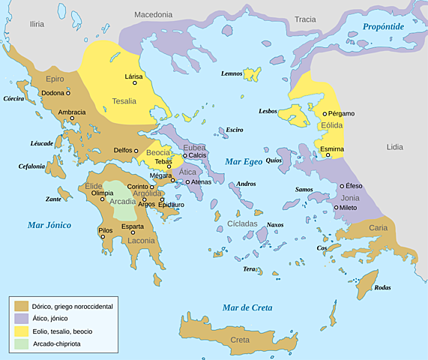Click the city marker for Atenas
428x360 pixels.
tap(188, 181)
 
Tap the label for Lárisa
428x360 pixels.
tap(133, 76)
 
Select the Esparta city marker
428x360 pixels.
tap(133, 232)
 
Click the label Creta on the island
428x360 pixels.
tap(240, 340)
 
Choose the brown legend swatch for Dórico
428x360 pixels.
tap(21, 305)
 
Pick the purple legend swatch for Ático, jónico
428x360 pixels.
tap(21, 318)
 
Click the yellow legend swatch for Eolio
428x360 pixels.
tap(21, 331)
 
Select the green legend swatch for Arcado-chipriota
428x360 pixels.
tap(21, 343)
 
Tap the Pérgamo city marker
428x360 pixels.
tap(325, 114)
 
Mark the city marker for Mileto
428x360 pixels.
tap(337, 208)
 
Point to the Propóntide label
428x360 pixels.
tap(383, 26)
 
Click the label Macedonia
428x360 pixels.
tap(153, 14)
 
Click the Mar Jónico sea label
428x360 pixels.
tap(49, 224)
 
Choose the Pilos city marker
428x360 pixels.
tap(103, 236)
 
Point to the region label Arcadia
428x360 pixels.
tap(122, 201)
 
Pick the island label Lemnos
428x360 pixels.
tap(232, 73)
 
